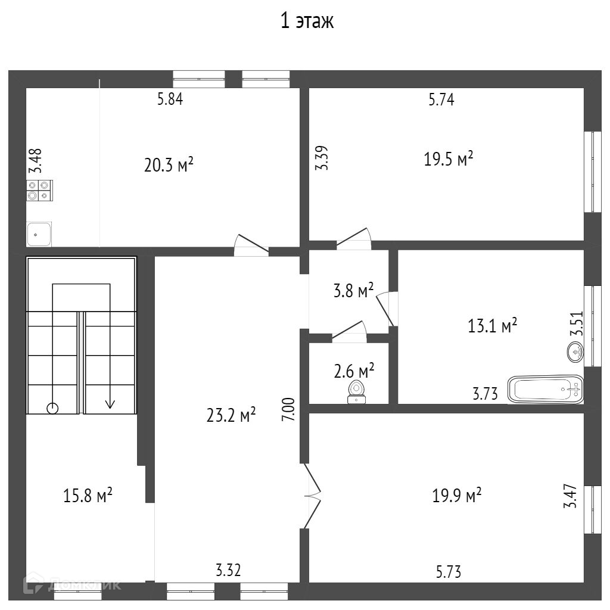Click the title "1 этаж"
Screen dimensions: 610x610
(307, 21)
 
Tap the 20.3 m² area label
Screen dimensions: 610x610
(169, 165)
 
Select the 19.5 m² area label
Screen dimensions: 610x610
(449, 159)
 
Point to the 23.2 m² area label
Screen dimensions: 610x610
(231, 415)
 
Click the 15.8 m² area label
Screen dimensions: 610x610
(88, 495)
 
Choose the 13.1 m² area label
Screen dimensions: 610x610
(491, 326)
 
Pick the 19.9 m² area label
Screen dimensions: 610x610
(457, 495)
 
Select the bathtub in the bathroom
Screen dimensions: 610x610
(545, 390)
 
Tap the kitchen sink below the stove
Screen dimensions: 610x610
(39, 234)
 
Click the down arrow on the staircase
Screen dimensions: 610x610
(110, 403)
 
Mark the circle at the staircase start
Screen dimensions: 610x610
(52, 408)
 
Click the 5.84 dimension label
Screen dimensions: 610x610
(170, 99)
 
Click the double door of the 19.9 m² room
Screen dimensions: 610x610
(312, 494)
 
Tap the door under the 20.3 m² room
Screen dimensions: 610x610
(251, 245)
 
